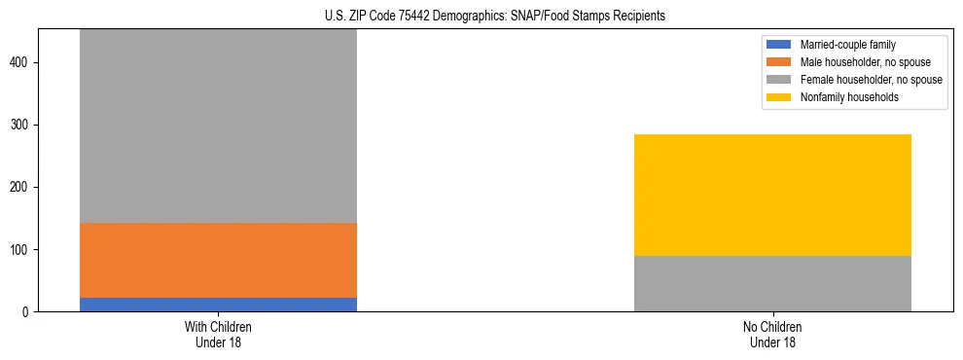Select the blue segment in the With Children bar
218,305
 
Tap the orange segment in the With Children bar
218,260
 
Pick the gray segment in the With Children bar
218,126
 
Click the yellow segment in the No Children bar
772,195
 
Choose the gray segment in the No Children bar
772,283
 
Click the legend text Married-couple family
847,45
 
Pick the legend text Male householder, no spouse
865,62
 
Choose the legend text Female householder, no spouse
871,80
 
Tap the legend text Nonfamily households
848,97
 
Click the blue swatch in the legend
779,45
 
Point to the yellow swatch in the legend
779,97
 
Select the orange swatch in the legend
779,62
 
